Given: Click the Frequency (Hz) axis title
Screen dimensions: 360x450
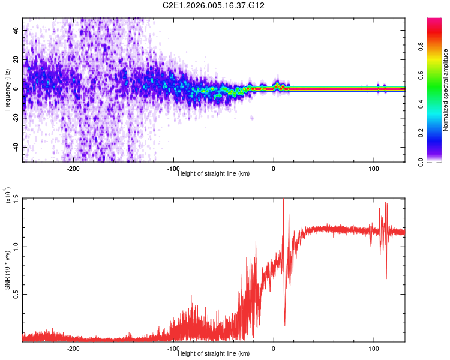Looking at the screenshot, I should (x=7, y=90).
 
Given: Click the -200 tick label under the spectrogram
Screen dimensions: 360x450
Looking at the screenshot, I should (x=73, y=169).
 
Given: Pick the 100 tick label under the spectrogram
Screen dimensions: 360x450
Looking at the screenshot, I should (x=374, y=169).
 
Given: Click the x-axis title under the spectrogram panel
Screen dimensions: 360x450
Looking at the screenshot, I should (x=214, y=174).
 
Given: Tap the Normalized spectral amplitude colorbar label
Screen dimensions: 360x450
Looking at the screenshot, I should (x=445, y=90).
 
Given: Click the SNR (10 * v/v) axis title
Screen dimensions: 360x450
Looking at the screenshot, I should (x=7, y=270).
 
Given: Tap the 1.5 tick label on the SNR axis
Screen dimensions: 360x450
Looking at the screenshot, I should (x=15, y=199).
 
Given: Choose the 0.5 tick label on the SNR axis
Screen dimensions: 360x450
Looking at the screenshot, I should (x=15, y=295).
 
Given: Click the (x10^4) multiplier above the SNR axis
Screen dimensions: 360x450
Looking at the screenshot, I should (x=7, y=196).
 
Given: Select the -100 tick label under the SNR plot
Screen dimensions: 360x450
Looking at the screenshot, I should (x=173, y=349).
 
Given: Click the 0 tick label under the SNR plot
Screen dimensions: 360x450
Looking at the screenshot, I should (x=274, y=349).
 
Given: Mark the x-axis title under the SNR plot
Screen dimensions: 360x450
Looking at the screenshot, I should (x=214, y=354).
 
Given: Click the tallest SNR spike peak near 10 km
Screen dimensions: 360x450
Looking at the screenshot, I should (x=283, y=199).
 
